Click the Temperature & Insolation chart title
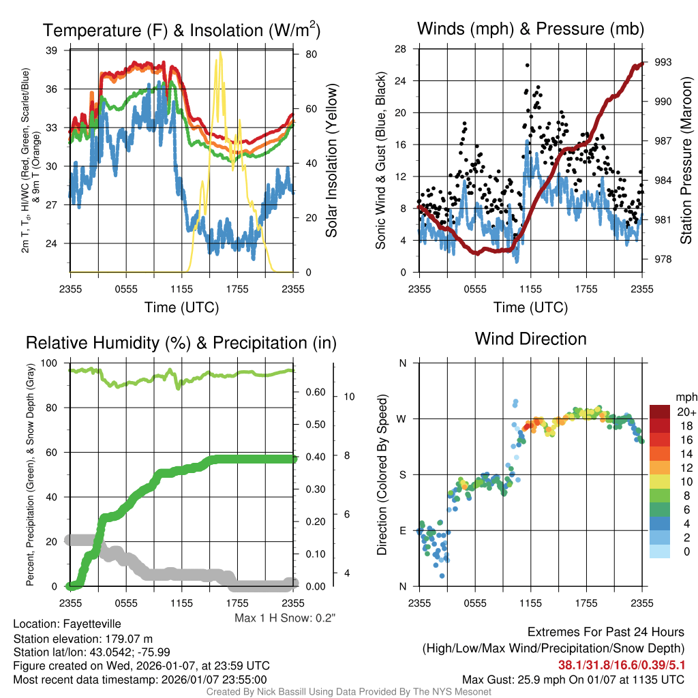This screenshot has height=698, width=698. tap(182, 30)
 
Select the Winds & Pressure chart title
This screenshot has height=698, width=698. tap(530, 29)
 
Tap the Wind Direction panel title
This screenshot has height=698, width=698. tap(530, 339)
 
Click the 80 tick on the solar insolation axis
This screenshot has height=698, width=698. tap(308, 54)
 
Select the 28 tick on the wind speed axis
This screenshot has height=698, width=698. tap(401, 48)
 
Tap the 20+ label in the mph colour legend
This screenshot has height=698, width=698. tap(686, 412)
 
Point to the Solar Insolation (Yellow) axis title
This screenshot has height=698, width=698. tap(332, 160)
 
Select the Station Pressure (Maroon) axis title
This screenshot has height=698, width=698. tap(686, 161)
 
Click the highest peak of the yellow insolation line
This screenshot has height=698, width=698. tap(219, 52)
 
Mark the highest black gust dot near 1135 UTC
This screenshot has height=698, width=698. tap(527, 65)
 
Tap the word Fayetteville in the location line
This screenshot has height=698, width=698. tap(92, 624)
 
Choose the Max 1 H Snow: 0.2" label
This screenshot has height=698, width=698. tap(285, 618)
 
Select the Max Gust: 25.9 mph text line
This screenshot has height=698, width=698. tap(573, 680)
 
